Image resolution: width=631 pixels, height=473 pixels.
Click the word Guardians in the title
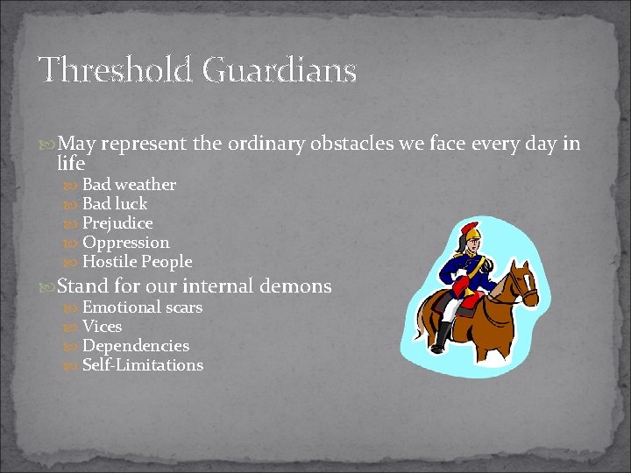[x=280, y=70]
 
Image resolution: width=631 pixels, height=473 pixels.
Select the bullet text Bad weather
[x=129, y=185]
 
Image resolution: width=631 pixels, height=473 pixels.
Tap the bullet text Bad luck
[x=115, y=204]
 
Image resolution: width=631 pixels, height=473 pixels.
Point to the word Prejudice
[x=117, y=223]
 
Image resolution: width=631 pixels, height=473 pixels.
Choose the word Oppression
[x=125, y=243]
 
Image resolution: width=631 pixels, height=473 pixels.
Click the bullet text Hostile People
[x=137, y=262]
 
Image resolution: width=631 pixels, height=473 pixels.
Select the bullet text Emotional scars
[x=142, y=307]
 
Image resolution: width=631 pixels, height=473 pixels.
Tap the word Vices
[x=102, y=327]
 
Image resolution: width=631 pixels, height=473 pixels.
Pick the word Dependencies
[x=136, y=346]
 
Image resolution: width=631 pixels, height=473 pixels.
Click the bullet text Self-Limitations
[x=142, y=365]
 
